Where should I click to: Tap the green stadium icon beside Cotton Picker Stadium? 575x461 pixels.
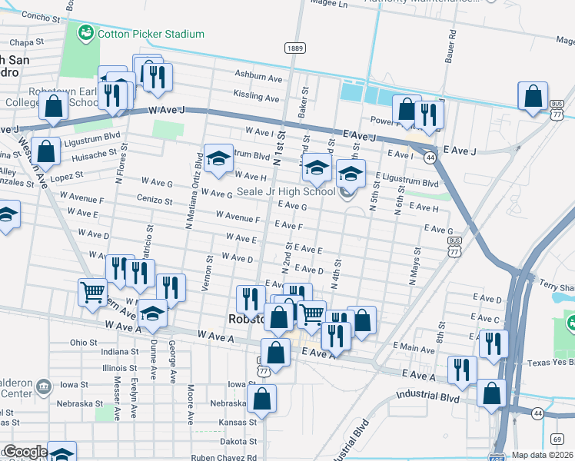[x=85, y=33]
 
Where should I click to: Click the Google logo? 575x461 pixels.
[x=25, y=452]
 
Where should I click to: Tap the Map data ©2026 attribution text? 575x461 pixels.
[x=542, y=455]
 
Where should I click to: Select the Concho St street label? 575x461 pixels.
[x=45, y=15]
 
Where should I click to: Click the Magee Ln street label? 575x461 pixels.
[x=329, y=4]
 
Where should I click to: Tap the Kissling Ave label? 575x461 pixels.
[x=256, y=98]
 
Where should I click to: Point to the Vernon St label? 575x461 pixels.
[x=208, y=269]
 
